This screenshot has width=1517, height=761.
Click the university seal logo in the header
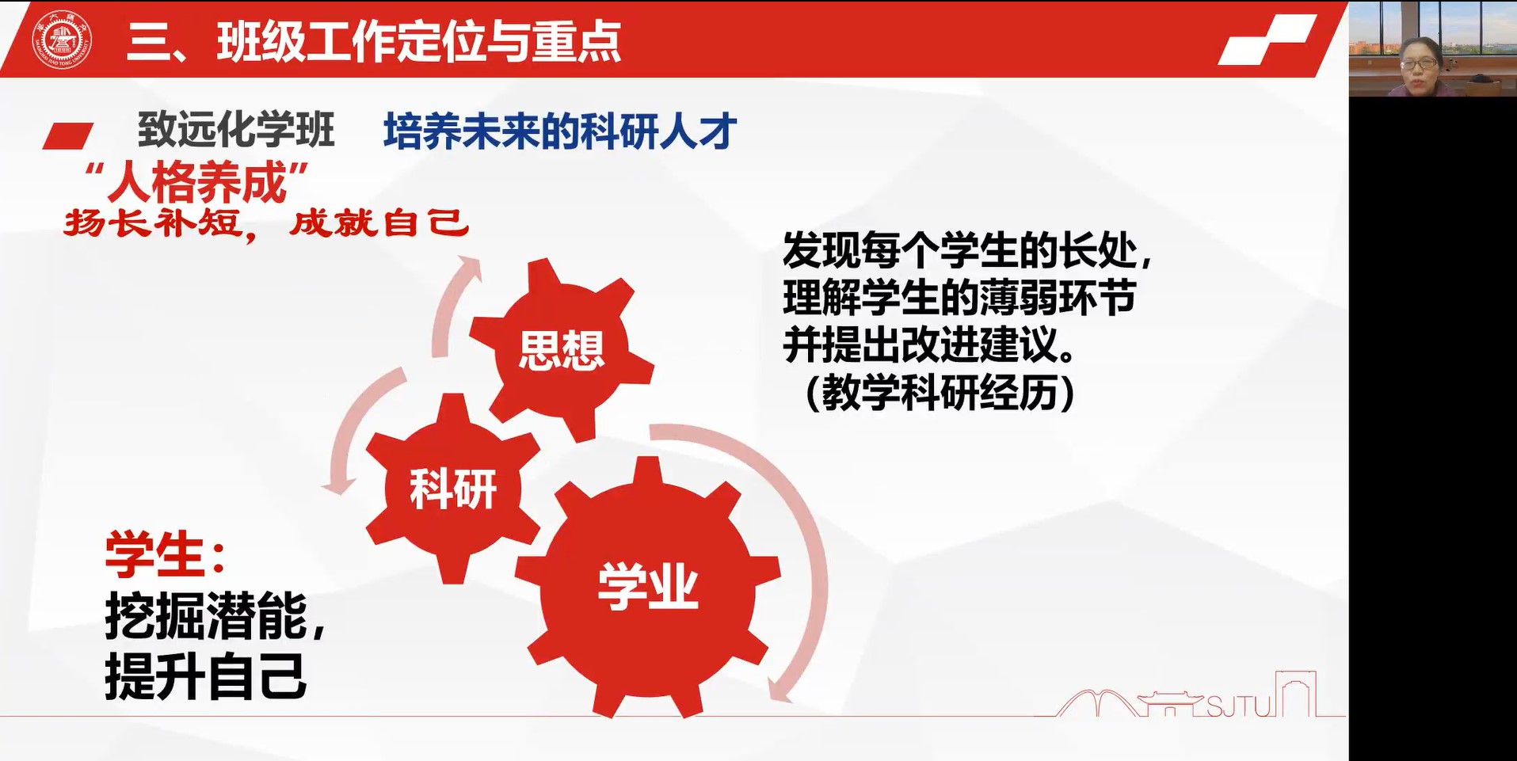[61, 39]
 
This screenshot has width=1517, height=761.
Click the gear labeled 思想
[562, 349]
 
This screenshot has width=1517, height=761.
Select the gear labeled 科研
[452, 488]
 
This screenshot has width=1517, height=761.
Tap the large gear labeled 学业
[648, 587]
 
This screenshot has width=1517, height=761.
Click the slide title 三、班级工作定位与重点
[374, 41]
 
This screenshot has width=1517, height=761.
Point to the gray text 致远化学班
[236, 130]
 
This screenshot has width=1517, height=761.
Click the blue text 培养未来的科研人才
[560, 131]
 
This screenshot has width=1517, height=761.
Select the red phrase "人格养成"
[198, 183]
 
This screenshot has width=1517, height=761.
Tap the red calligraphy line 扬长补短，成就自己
[266, 224]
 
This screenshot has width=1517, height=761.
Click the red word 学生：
[166, 554]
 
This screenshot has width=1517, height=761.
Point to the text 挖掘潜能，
[215, 616]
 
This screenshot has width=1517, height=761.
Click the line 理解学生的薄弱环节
[959, 298]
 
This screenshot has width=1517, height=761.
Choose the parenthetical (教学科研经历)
[940, 392]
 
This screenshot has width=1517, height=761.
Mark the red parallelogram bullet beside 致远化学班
[68, 135]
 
